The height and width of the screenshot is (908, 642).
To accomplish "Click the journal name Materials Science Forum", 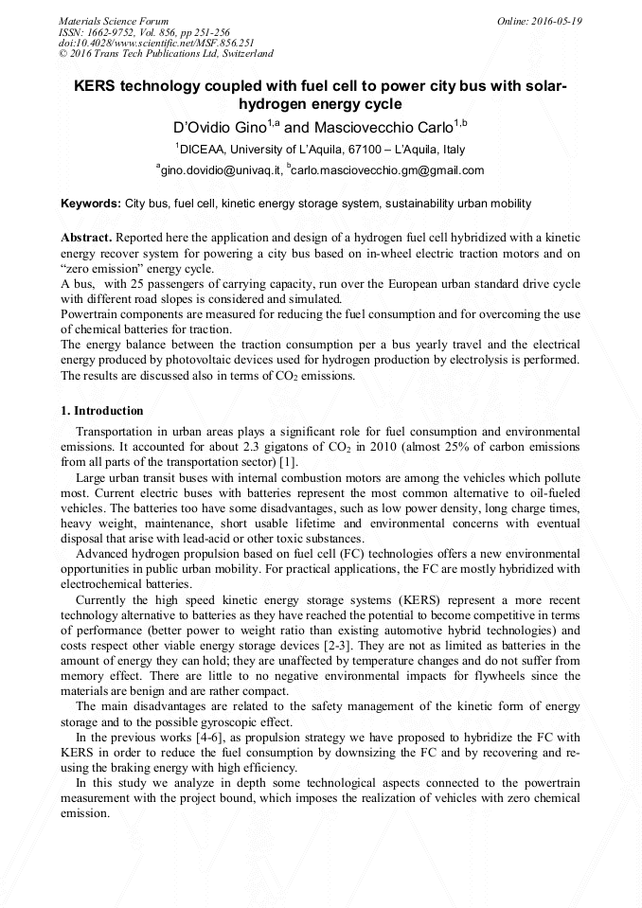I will point(114,20).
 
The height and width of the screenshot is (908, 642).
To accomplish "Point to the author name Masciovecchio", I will point(352,126).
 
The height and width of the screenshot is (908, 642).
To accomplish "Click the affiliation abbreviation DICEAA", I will point(207,149).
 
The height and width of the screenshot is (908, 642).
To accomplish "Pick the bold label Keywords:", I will point(91,204).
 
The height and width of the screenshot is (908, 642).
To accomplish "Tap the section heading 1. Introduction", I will point(102,411).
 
